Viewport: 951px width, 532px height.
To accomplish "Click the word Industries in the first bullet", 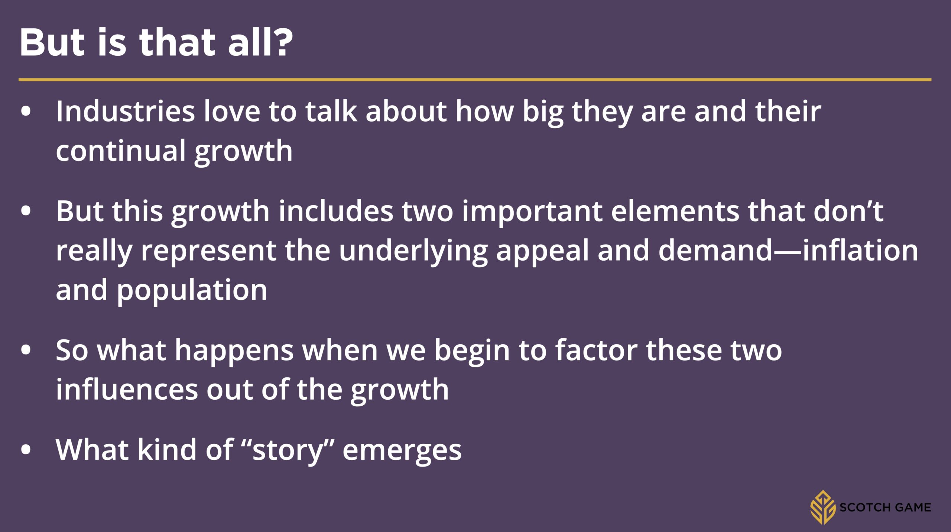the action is tap(125, 111).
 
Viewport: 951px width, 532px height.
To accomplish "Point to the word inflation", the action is tap(861, 250).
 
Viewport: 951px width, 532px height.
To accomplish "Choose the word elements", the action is tap(675, 211).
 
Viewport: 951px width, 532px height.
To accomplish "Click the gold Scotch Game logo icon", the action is tap(823, 507).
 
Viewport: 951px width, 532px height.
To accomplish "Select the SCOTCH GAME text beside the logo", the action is tap(885, 507).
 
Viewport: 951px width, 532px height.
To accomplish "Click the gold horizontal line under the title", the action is tap(475, 80).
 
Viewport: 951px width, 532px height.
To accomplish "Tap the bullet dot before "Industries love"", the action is tap(26, 112).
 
